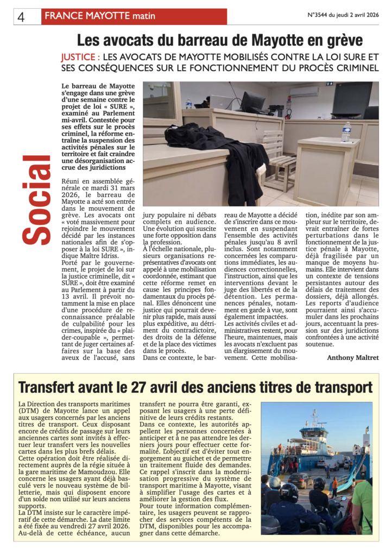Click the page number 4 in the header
[21, 17]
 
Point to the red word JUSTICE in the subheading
[79, 56]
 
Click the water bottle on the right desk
[346, 131]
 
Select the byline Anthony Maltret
[352, 357]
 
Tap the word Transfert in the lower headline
[48, 388]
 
